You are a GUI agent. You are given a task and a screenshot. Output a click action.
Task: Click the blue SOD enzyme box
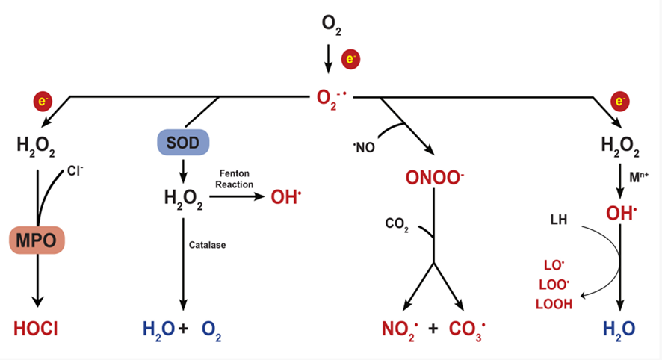point(183,142)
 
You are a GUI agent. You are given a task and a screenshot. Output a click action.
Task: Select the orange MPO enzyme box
point(37,240)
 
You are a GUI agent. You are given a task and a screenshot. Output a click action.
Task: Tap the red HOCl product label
point(36,329)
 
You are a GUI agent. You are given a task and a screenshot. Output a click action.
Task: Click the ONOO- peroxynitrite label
point(434,177)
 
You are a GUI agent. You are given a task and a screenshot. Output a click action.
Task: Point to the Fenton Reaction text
point(235,179)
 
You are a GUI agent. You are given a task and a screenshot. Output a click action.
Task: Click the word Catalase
point(207,245)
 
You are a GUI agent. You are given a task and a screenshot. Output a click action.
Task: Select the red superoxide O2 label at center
point(332,99)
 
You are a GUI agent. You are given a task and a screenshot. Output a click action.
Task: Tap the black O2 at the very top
point(331,25)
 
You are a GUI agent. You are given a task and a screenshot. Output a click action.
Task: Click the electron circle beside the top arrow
point(350,60)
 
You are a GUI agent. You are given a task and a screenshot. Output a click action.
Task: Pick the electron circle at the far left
point(43,102)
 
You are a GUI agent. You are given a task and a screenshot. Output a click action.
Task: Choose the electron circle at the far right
point(619,102)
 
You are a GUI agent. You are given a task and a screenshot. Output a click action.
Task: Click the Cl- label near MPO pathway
point(75,170)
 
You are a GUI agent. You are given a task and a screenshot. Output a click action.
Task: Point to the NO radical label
point(364,147)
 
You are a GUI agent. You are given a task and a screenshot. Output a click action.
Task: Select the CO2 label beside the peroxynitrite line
point(397,223)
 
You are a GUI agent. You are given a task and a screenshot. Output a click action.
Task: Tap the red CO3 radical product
point(467,329)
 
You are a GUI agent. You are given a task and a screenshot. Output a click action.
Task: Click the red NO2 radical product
point(400,329)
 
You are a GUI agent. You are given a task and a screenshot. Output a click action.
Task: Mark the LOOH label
point(554,304)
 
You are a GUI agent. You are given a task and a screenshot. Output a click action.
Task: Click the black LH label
point(559,220)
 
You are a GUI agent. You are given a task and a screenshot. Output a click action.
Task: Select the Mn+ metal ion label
point(639,177)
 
